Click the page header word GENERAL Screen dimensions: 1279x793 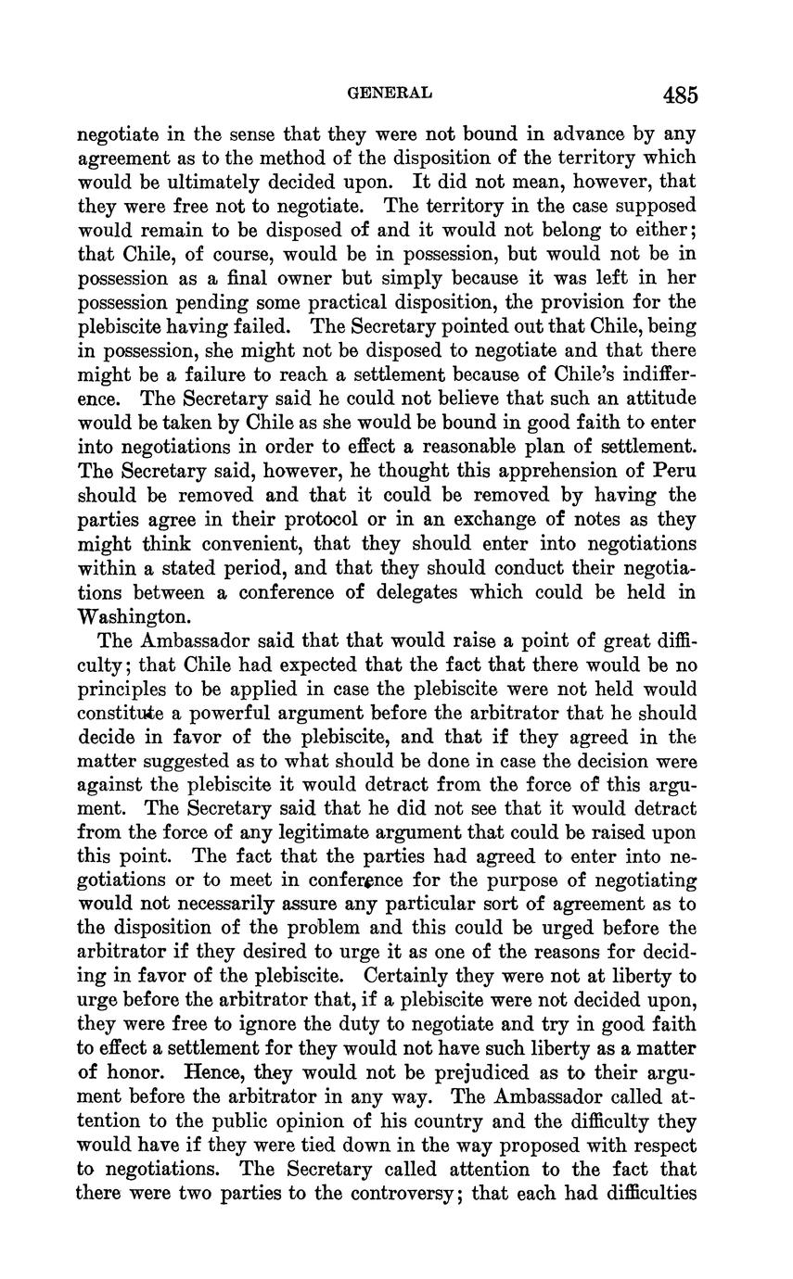point(389,93)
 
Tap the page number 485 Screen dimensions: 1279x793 point(680,95)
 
